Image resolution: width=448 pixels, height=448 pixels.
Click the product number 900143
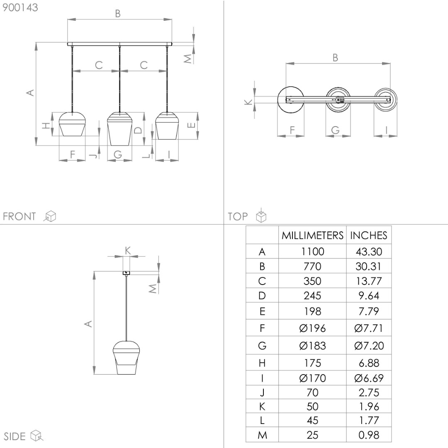click(20, 7)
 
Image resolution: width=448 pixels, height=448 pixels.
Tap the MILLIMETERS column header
click(312, 235)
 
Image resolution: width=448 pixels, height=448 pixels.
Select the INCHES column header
click(369, 235)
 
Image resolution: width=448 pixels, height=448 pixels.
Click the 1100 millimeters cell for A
click(312, 251)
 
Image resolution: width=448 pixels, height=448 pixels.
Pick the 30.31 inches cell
click(369, 266)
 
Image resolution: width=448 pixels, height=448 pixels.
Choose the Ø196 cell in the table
click(312, 328)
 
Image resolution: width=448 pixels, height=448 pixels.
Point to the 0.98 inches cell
click(369, 435)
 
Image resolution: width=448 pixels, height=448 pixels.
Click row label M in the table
click(262, 435)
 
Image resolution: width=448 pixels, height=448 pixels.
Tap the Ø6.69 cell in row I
click(369, 378)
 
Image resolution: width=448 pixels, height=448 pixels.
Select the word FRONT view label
click(19, 216)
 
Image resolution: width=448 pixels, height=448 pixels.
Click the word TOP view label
click(237, 216)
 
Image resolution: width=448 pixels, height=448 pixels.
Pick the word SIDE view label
click(15, 436)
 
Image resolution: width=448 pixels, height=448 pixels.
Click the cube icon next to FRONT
click(50, 216)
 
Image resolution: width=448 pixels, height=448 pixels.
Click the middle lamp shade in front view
click(119, 129)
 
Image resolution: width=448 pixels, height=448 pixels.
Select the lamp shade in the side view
click(126, 358)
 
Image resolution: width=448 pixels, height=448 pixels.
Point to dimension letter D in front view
click(138, 130)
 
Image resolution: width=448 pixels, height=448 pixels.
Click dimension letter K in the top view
click(248, 102)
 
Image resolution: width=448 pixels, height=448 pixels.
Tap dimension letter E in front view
click(191, 125)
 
